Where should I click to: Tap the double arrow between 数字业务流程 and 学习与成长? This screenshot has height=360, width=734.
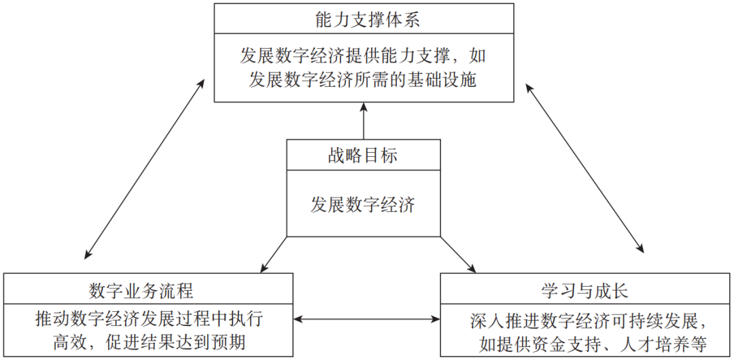coord(366,317)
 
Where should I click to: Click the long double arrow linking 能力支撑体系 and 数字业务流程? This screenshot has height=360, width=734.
coord(145,168)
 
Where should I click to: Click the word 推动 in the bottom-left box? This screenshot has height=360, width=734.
coord(52,317)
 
